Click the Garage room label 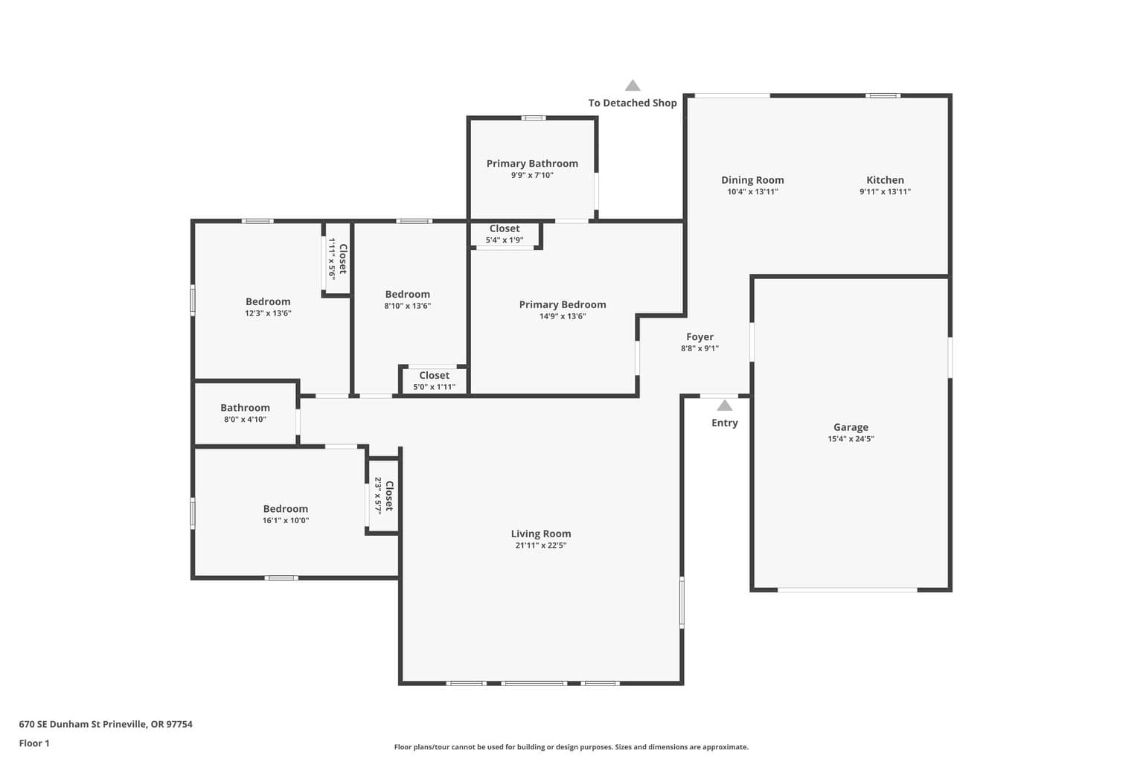[851, 427]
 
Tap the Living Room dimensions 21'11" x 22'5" [541, 545]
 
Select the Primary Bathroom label [532, 163]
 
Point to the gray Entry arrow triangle [725, 406]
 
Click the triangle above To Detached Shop [633, 86]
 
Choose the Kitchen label [885, 179]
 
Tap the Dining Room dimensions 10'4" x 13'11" [752, 192]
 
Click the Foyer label [699, 337]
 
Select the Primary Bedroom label [563, 304]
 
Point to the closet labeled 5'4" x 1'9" [505, 234]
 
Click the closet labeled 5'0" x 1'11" [435, 381]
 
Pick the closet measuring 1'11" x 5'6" [338, 258]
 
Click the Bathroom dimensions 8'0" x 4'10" [245, 420]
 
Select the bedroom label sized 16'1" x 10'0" [285, 509]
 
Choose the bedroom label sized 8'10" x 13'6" [407, 295]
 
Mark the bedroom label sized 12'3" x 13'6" [268, 301]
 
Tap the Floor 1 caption [34, 743]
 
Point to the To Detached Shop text [633, 103]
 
